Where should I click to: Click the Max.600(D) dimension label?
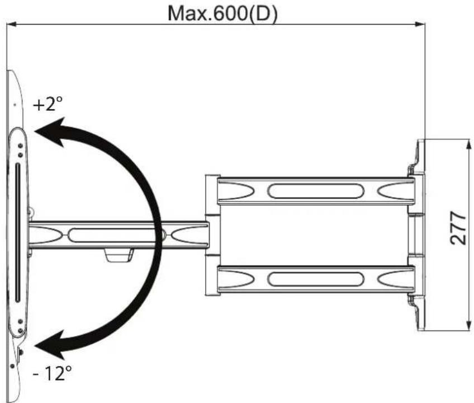point(222,13)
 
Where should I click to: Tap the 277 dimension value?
point(457,228)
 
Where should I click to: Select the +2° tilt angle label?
point(48,104)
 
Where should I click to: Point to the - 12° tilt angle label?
point(53,373)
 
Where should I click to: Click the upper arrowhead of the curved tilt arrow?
point(51,132)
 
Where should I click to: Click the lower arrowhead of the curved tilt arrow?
point(51,345)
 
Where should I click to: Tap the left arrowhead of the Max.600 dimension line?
point(12,24)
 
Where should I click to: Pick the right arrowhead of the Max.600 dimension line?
point(420,24)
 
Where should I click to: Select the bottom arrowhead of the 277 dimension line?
point(468,325)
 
